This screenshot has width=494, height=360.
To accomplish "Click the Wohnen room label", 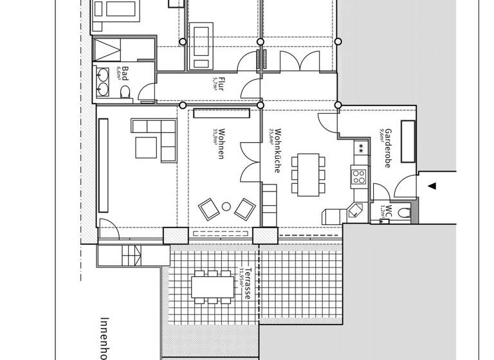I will click(x=221, y=143).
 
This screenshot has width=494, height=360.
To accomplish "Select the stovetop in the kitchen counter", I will click(x=358, y=174).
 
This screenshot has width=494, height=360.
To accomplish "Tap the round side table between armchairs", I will click(x=226, y=207).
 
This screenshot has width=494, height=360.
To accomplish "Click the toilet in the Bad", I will click(x=125, y=91).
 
